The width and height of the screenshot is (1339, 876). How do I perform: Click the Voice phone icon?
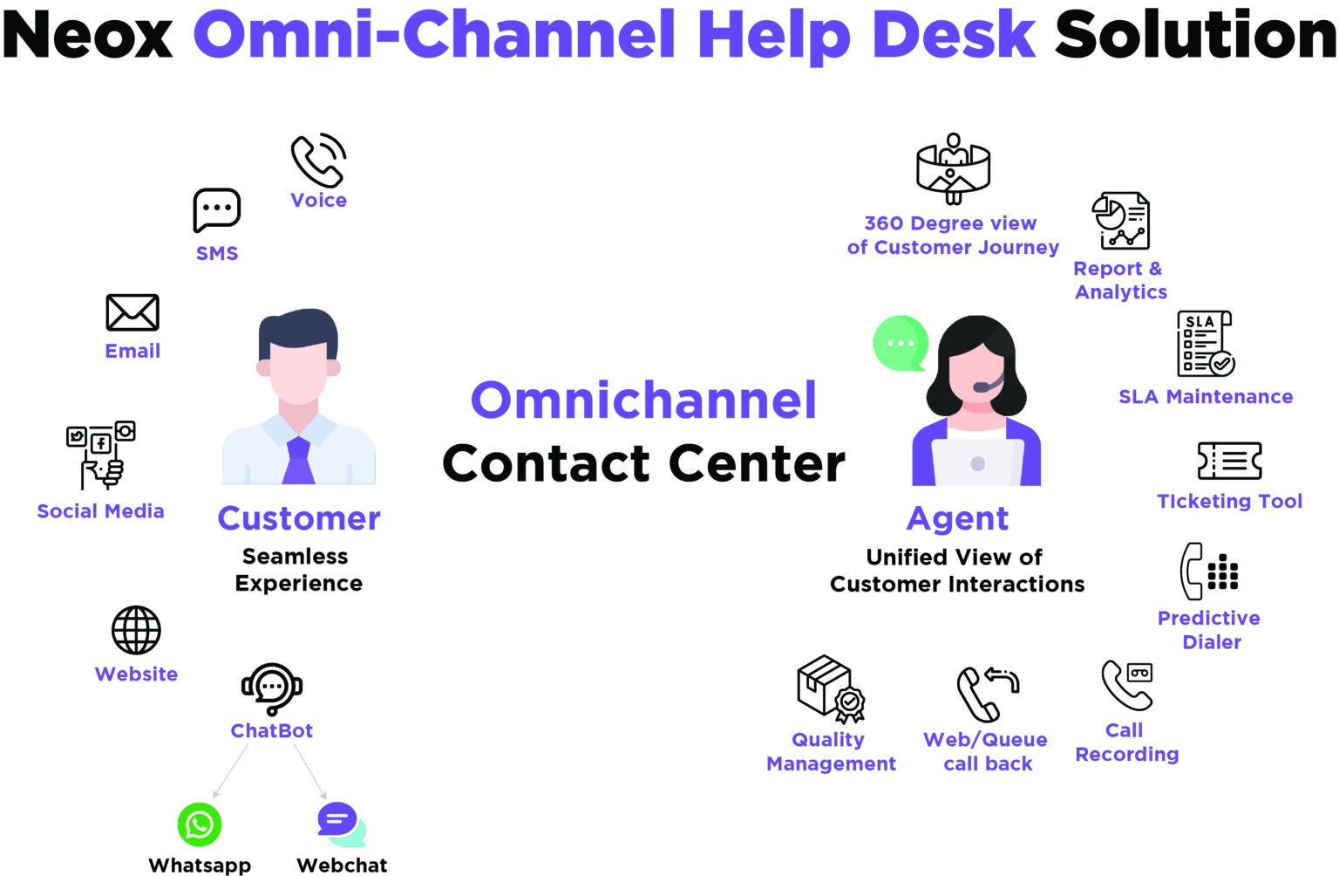click(316, 161)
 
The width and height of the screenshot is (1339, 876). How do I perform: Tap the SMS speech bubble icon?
click(216, 209)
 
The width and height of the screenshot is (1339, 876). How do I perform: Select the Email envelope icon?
click(133, 312)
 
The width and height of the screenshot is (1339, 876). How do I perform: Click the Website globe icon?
click(136, 630)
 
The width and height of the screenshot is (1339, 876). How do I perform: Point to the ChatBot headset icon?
click(272, 688)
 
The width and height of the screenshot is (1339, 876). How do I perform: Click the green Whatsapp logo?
click(200, 825)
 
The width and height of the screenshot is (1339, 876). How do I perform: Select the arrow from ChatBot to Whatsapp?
click(230, 771)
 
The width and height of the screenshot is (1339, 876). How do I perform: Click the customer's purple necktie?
click(298, 461)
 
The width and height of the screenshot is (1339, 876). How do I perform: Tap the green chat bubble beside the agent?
click(901, 344)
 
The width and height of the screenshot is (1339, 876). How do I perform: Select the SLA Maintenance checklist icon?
click(1206, 344)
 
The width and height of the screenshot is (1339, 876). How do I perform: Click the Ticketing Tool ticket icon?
click(1229, 461)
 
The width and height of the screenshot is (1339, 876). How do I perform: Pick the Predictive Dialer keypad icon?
click(1209, 571)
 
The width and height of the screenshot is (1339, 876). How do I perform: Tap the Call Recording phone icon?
click(1127, 686)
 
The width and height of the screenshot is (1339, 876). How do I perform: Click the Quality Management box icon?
click(831, 689)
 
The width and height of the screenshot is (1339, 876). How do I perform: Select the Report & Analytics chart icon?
click(1121, 220)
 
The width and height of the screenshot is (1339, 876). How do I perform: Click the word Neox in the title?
click(87, 35)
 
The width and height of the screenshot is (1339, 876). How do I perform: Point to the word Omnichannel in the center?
click(643, 400)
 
